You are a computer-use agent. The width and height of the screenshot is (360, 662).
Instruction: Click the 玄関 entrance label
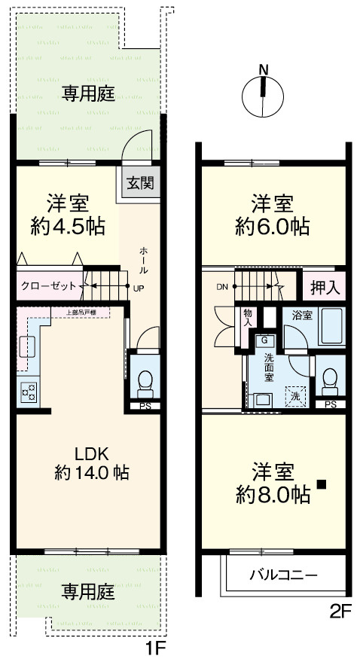click(140, 182)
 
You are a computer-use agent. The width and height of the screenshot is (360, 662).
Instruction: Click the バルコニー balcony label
click(283, 575)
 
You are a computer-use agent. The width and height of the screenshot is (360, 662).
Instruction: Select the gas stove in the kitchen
click(29, 392)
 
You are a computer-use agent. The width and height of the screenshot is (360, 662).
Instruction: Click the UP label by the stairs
click(138, 288)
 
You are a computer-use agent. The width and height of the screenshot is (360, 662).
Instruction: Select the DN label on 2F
click(221, 287)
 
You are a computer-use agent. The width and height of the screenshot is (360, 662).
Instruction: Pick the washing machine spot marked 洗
click(294, 395)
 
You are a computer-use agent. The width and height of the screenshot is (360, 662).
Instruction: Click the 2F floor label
click(340, 612)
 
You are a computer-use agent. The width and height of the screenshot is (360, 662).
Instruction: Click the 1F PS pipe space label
click(144, 407)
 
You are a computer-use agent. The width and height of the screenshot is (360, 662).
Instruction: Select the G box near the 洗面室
click(264, 340)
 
